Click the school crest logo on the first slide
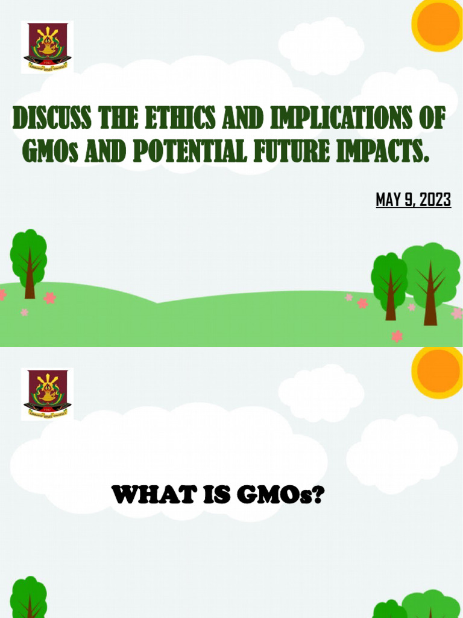[x=47, y=47]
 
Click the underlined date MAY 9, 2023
[x=413, y=199]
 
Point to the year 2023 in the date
[x=435, y=199]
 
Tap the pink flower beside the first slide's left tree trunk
[x=49, y=298]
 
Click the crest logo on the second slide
[x=47, y=394]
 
